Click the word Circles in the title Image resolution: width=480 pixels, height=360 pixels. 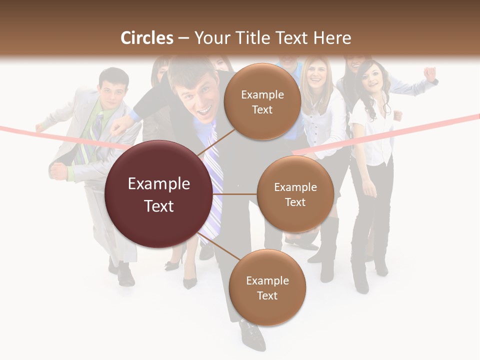click(x=147, y=38)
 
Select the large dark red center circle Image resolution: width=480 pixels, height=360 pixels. click(x=158, y=194)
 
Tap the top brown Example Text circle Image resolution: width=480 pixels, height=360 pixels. click(x=262, y=101)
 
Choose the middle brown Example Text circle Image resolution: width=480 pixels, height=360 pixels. click(x=295, y=194)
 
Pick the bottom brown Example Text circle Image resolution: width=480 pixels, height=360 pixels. click(x=267, y=287)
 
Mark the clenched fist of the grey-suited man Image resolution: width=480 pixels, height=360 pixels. click(x=59, y=171)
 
